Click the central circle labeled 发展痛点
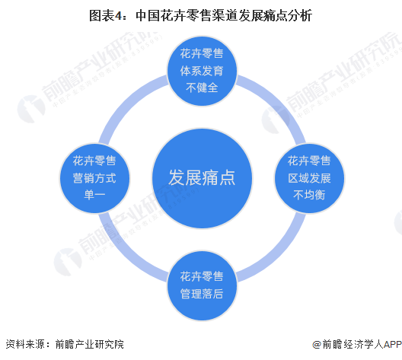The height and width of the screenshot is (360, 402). pyautogui.click(x=202, y=178)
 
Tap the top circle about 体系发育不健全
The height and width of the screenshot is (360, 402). pyautogui.click(x=202, y=71)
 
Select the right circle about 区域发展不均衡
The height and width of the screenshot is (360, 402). pyautogui.click(x=309, y=178)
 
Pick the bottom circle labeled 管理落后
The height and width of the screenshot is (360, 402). pyautogui.click(x=202, y=285)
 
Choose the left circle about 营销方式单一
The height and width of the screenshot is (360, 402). pyautogui.click(x=94, y=178)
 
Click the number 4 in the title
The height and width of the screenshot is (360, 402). pyautogui.click(x=118, y=16)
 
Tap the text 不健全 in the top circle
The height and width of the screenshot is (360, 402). pyautogui.click(x=202, y=88)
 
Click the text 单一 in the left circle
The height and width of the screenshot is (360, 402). pyautogui.click(x=94, y=196)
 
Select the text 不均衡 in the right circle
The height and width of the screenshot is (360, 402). pyautogui.click(x=309, y=196)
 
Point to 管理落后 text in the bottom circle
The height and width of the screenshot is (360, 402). pyautogui.click(x=202, y=294)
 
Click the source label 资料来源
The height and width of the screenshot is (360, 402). pyautogui.click(x=26, y=344)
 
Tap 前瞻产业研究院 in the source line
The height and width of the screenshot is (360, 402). pyautogui.click(x=90, y=344)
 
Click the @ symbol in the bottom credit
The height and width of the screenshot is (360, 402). pyautogui.click(x=317, y=344)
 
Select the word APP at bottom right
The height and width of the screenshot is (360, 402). pyautogui.click(x=393, y=344)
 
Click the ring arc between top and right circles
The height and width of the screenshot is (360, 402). pyautogui.click(x=279, y=102)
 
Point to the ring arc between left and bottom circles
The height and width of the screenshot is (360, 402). pyautogui.click(x=126, y=255)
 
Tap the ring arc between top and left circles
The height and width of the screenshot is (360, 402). pyautogui.click(x=126, y=102)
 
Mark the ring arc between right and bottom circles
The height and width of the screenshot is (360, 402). pyautogui.click(x=279, y=255)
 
